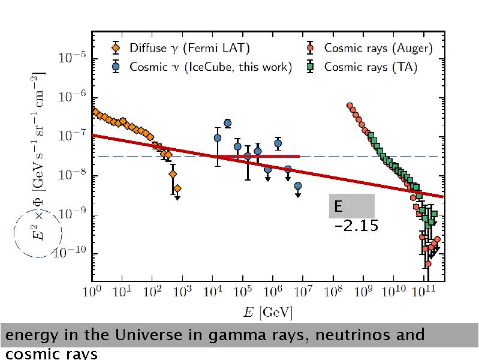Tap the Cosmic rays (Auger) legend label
pyautogui.click(x=378, y=47)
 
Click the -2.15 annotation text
pyautogui.click(x=357, y=227)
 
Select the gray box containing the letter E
pyautogui.click(x=352, y=206)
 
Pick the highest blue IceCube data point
pyautogui.click(x=228, y=124)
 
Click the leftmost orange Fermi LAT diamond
pyautogui.click(x=95, y=112)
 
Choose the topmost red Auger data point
pyautogui.click(x=350, y=106)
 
